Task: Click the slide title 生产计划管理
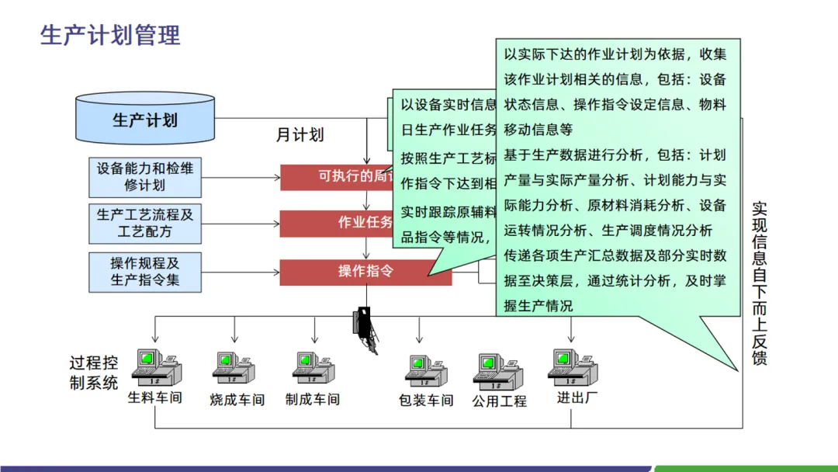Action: pos(110,35)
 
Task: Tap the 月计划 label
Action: pos(300,134)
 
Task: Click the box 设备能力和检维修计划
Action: pos(145,177)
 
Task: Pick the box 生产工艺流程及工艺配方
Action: pos(145,224)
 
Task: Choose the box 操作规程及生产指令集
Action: pos(145,271)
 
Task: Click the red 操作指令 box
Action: pos(365,272)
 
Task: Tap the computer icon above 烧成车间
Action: pos(234,368)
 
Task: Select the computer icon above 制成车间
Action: pos(314,368)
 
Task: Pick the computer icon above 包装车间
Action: pos(426,371)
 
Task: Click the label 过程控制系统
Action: pos(94,373)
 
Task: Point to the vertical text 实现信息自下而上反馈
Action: pos(759,283)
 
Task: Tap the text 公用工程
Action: pos(499,401)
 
